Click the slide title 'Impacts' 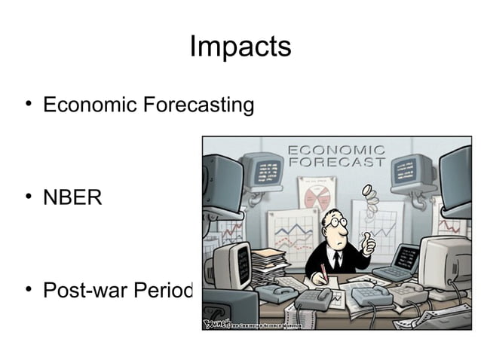tap(240, 47)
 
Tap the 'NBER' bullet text tap(72, 198)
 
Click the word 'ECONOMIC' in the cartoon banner tap(336, 150)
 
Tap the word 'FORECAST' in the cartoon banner tap(336, 162)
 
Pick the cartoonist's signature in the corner tap(216, 322)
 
